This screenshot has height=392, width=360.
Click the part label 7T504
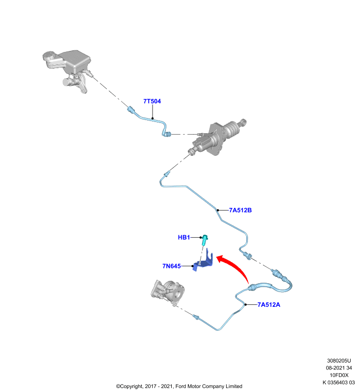click(152, 101)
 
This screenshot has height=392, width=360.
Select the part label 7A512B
click(240, 210)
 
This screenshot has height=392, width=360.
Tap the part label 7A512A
click(269, 304)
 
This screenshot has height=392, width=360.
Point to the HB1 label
click(184, 237)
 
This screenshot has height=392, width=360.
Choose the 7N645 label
click(172, 266)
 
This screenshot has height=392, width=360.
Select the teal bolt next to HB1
click(205, 240)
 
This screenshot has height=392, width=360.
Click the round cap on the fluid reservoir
click(49, 56)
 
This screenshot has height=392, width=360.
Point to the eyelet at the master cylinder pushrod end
click(243, 122)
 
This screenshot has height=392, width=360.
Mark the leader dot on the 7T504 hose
click(153, 119)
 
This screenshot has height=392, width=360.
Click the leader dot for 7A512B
click(218, 210)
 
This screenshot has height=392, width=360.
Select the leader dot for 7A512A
click(246, 304)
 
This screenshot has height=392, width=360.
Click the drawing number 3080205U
click(339, 361)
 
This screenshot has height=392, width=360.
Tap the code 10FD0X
click(339, 375)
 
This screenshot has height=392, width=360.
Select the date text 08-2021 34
click(339, 368)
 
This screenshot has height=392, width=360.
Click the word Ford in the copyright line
click(180, 386)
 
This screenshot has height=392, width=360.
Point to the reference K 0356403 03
click(339, 382)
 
